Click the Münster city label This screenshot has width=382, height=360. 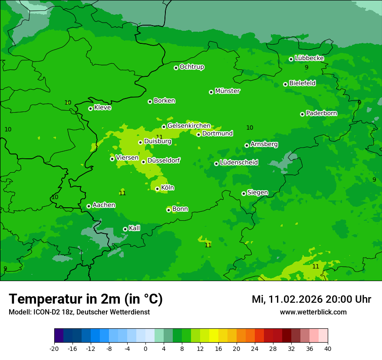[x=227, y=91]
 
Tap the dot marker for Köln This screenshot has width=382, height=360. [x=157, y=189]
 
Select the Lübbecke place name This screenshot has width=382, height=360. [x=309, y=58]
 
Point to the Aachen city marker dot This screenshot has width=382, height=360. [x=89, y=206]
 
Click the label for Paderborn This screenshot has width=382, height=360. [x=321, y=113]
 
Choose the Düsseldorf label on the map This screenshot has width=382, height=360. [x=164, y=160]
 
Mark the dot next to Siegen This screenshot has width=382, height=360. [x=244, y=193]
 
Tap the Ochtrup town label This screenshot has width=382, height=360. [x=191, y=67]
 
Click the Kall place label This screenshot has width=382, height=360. [x=135, y=228]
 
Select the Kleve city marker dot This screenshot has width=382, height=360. [x=90, y=108]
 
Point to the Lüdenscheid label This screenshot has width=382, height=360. [x=239, y=163]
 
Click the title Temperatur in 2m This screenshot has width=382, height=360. [x=86, y=299]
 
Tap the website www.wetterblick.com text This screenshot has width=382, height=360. [x=313, y=312]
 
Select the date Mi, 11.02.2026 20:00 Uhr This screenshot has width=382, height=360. [x=311, y=299]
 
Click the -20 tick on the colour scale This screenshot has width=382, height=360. [x=54, y=349]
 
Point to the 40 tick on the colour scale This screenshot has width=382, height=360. [x=327, y=349]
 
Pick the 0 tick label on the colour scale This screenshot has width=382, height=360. [x=145, y=349]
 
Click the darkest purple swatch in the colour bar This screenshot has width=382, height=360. [x=59, y=336]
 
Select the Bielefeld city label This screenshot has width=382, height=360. [x=302, y=83]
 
